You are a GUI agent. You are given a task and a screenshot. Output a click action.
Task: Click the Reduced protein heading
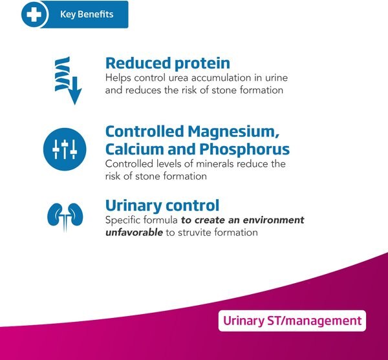click(x=167, y=63)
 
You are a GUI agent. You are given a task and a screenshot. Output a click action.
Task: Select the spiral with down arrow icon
click(x=64, y=79)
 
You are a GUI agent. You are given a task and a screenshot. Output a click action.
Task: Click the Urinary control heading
click(x=162, y=206)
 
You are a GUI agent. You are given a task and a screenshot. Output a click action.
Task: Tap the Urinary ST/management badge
click(x=292, y=321)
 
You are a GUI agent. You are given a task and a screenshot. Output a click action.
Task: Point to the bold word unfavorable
click(x=133, y=231)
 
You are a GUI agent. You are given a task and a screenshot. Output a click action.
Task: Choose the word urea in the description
click(x=175, y=78)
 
